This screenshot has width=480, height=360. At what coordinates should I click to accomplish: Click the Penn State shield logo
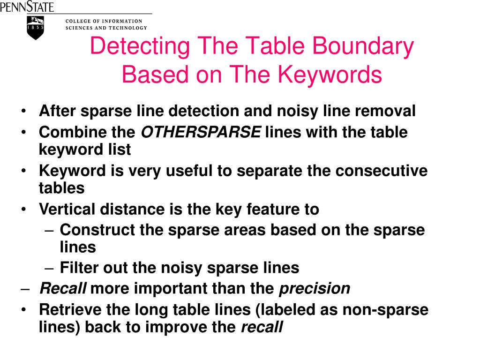pos(36,27)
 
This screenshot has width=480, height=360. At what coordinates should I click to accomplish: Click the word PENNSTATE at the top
pos(27,7)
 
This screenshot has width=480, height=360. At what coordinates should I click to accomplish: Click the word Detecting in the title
pos(140,47)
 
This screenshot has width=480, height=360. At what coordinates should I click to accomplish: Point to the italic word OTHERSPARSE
pos(201,133)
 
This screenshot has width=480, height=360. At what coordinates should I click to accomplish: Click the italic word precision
pos(315,288)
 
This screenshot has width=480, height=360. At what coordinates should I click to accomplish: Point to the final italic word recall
pos(262,327)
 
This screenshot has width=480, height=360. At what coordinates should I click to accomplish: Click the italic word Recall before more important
pos(63,288)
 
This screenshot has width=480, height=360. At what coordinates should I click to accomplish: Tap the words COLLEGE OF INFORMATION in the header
pos(104,21)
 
